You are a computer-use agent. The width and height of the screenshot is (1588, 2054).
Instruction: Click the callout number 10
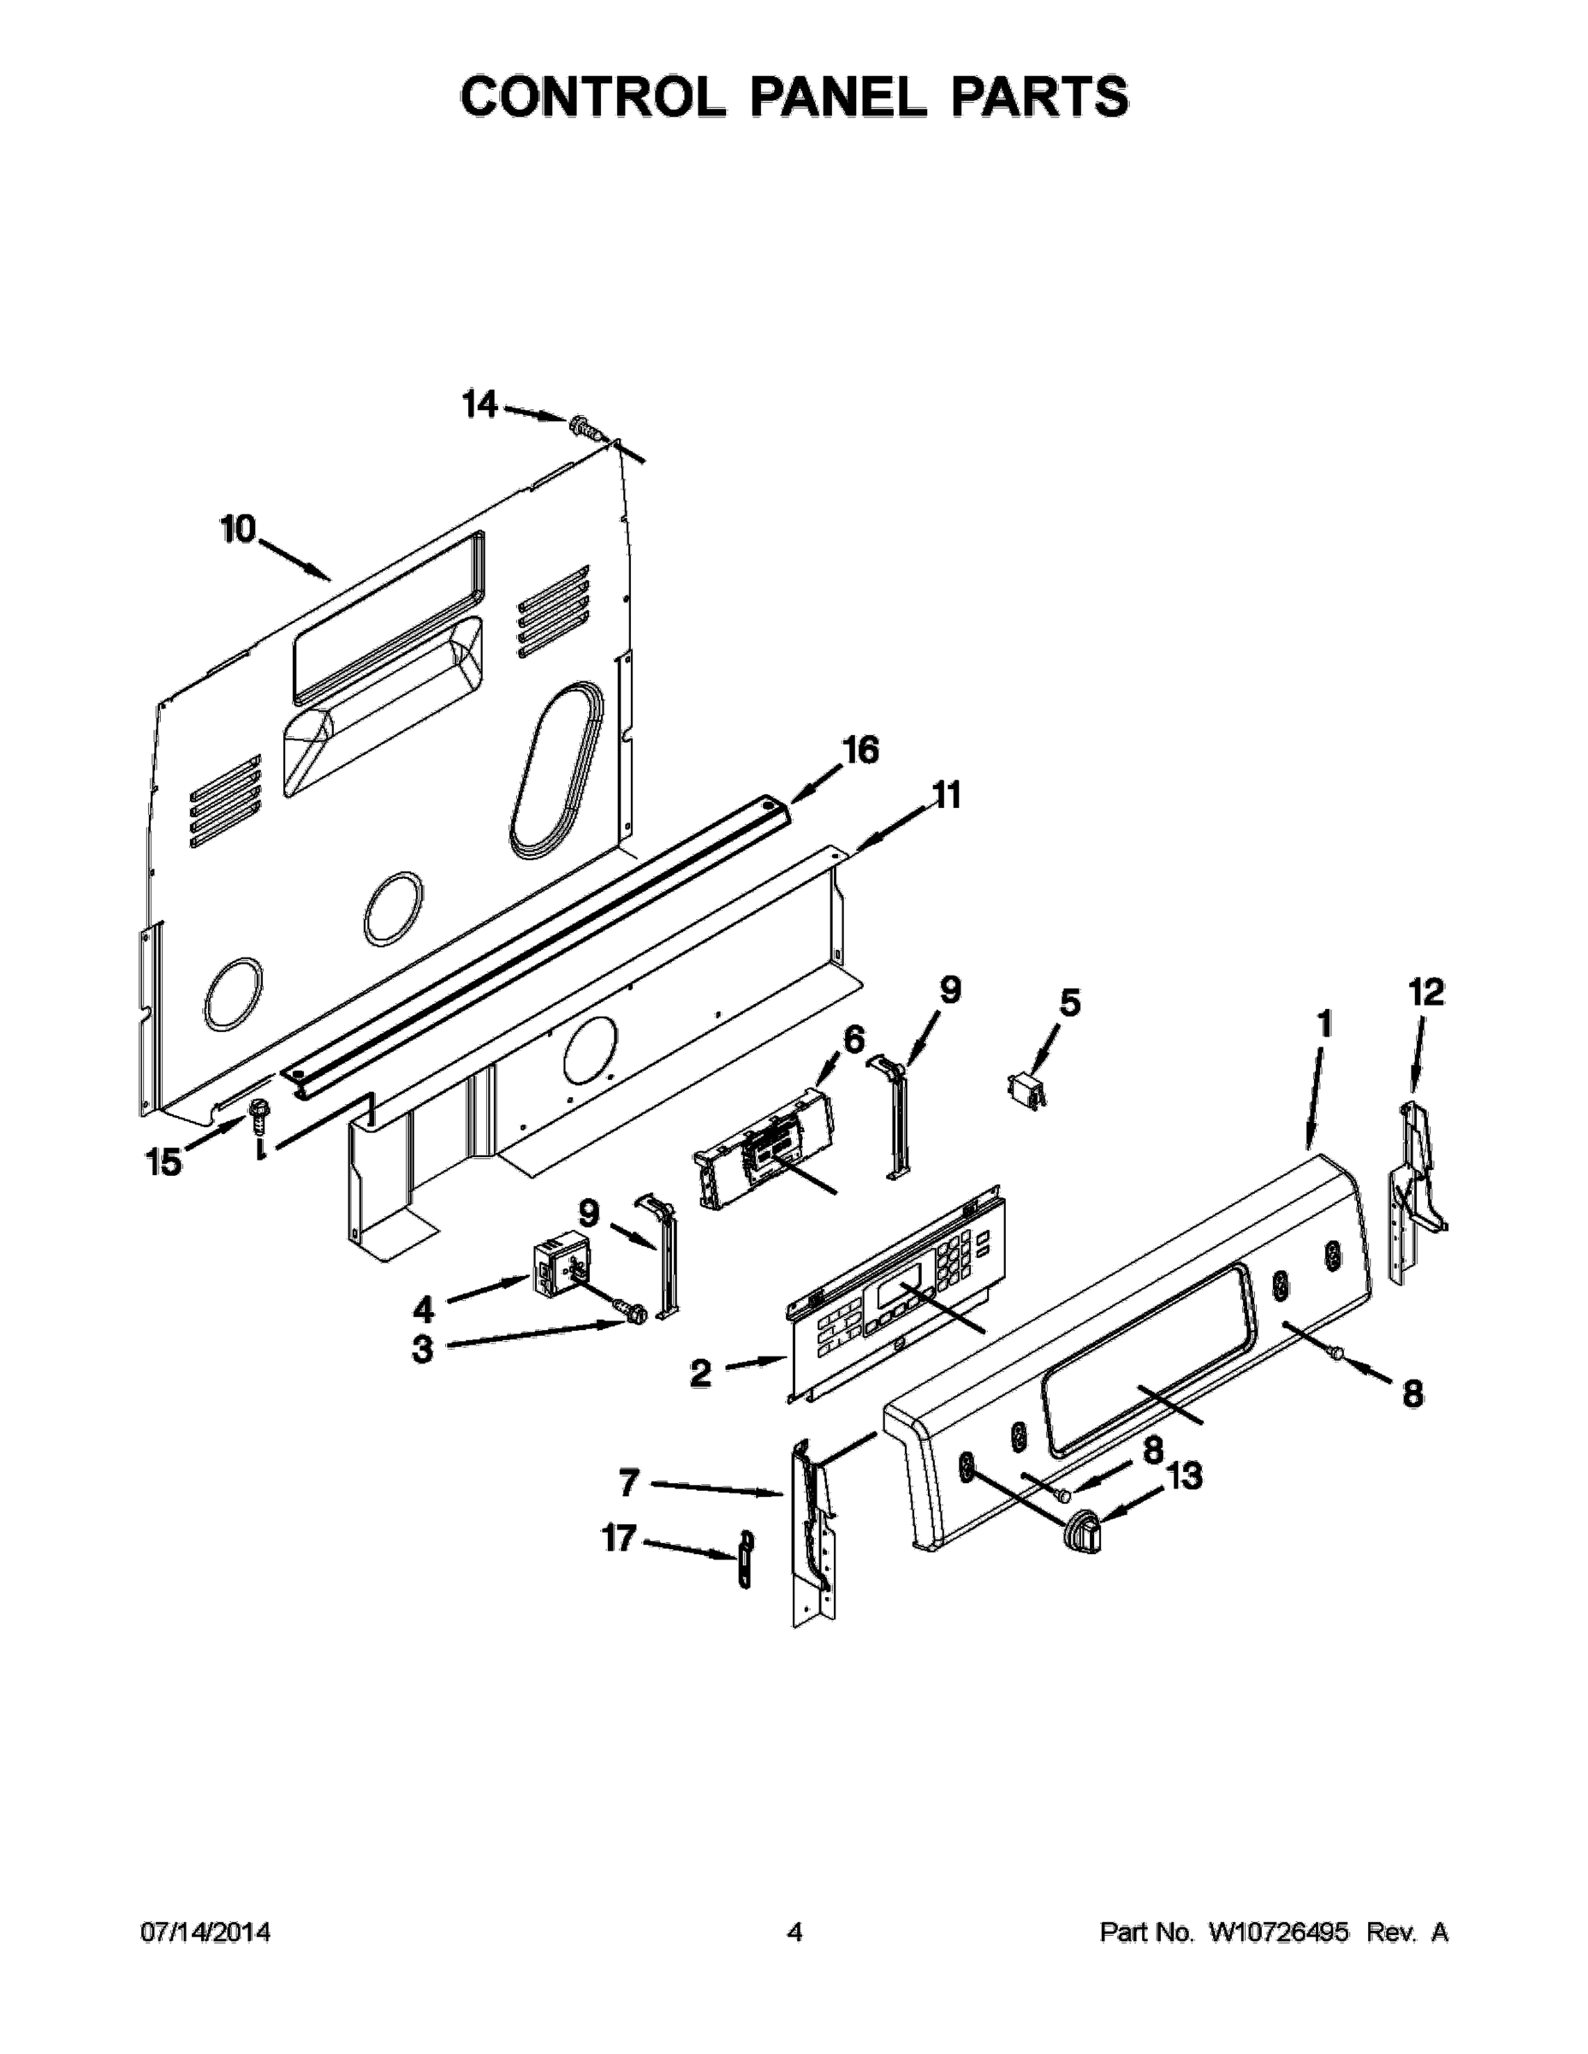238,530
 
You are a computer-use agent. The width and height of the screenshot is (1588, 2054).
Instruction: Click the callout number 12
1426,991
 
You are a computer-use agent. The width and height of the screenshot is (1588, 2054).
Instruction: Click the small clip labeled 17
745,1558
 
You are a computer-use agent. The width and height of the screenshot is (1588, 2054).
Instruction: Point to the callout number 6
853,1040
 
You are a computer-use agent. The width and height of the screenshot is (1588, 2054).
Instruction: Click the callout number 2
700,1374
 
